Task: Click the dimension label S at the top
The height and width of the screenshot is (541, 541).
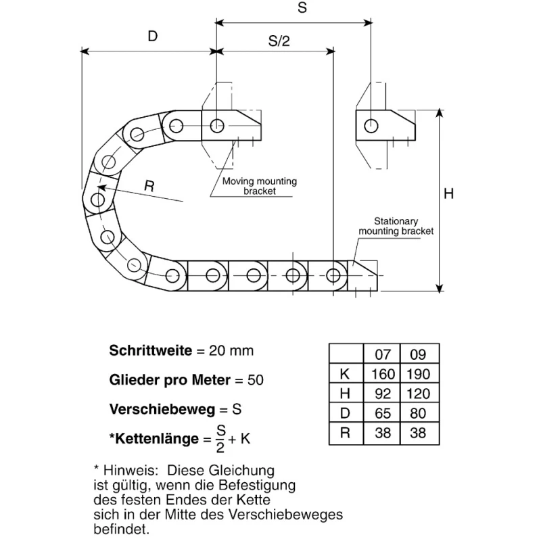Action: (302, 7)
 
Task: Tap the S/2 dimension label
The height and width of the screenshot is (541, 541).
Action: (279, 41)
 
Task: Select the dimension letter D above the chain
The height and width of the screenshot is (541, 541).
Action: (153, 37)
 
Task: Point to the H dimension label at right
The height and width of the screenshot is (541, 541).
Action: (448, 194)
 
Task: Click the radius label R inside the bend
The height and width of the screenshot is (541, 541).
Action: (149, 187)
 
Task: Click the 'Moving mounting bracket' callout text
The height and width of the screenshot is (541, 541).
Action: (260, 186)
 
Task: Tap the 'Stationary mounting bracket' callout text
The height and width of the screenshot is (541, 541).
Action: (396, 226)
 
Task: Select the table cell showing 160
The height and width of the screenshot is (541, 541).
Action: (383, 374)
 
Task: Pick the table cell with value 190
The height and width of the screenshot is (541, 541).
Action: (418, 374)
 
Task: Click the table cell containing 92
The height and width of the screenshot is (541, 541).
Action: (383, 394)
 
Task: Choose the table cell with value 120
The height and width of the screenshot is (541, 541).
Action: (418, 394)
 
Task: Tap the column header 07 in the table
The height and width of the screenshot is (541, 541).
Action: (383, 354)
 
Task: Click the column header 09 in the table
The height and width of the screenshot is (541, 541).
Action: (418, 354)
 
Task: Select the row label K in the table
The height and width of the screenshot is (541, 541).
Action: (345, 374)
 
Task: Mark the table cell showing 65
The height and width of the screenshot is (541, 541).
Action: (383, 413)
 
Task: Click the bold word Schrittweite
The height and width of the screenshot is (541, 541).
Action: (151, 350)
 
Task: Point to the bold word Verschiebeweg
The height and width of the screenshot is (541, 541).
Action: (162, 410)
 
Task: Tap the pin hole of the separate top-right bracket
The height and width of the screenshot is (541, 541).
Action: (371, 126)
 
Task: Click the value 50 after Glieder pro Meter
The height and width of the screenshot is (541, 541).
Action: (256, 380)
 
